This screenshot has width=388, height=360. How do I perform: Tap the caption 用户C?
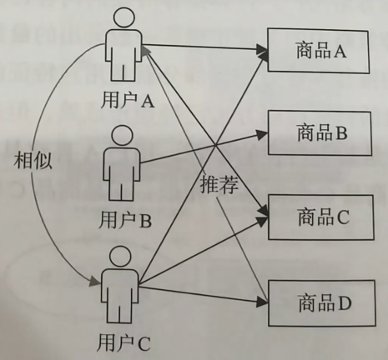(x=124, y=341)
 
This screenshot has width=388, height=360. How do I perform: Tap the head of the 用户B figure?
(x=122, y=135)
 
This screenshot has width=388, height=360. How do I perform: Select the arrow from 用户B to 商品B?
(x=200, y=147)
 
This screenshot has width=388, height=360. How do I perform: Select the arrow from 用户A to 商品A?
(x=200, y=48)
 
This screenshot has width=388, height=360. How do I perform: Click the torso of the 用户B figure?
(x=122, y=171)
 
